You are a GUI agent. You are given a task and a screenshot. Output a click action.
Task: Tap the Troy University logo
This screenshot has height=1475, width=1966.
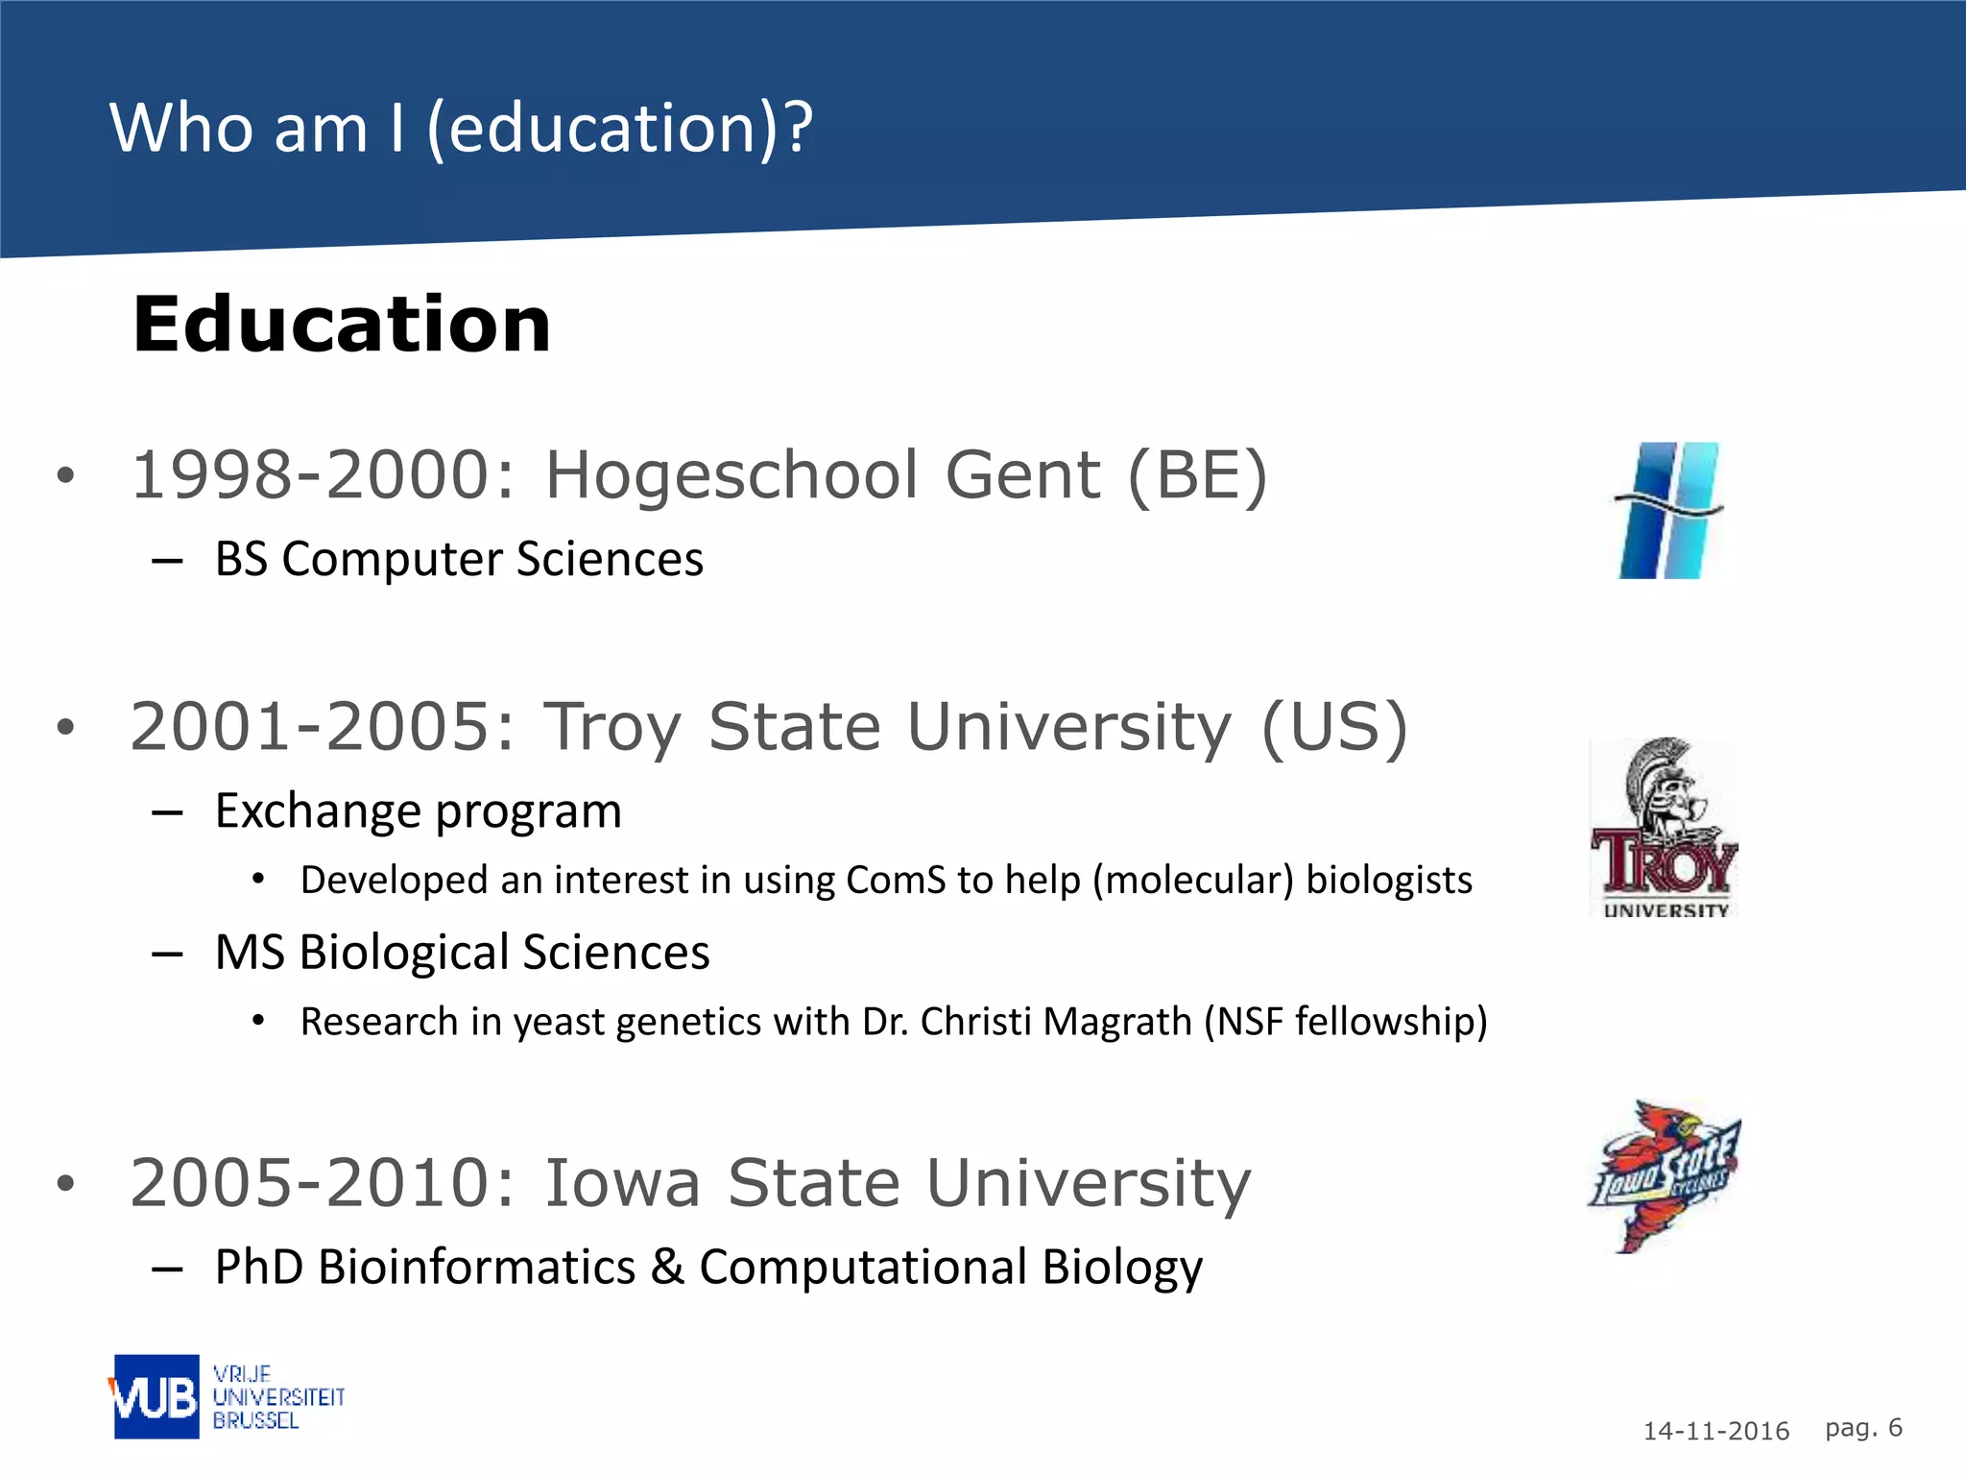pyautogui.click(x=1665, y=827)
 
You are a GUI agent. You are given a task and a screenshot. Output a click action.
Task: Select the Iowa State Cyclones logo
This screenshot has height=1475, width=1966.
pyautogui.click(x=1665, y=1176)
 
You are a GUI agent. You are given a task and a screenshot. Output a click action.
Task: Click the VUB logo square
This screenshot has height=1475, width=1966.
pyautogui.click(x=156, y=1396)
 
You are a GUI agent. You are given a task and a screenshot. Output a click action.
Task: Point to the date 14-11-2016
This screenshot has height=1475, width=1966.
pyautogui.click(x=1715, y=1431)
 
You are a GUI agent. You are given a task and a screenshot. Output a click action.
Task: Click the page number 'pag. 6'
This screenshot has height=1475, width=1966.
pyautogui.click(x=1863, y=1428)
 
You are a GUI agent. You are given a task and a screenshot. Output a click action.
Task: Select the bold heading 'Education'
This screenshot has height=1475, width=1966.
pyautogui.click(x=342, y=325)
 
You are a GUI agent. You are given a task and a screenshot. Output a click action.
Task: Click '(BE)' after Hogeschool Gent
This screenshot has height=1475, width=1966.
pyautogui.click(x=1197, y=475)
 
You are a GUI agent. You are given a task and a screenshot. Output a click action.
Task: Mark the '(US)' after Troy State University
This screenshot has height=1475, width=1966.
pyautogui.click(x=1334, y=727)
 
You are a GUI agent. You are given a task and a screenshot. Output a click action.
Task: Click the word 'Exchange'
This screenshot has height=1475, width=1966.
pyautogui.click(x=318, y=811)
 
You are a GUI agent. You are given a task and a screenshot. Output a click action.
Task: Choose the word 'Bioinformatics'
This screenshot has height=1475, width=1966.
pyautogui.click(x=476, y=1267)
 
